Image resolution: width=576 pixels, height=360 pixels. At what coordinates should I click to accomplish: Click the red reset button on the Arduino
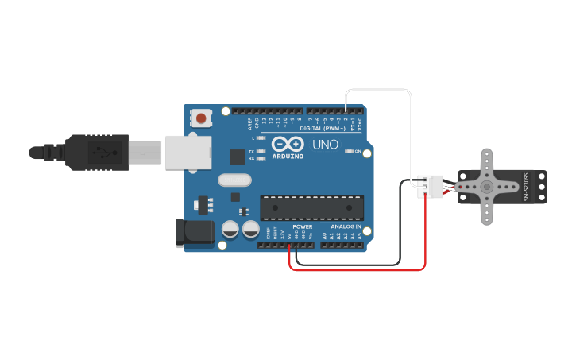pyautogui.click(x=201, y=118)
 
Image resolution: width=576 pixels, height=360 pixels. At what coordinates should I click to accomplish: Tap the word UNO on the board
pyautogui.click(x=325, y=145)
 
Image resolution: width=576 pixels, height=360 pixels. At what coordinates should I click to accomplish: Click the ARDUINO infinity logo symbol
pyautogui.click(x=287, y=144)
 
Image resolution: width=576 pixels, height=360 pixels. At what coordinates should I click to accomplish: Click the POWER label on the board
pyautogui.click(x=303, y=226)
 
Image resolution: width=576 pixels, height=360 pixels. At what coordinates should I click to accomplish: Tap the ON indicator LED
pyautogui.click(x=349, y=151)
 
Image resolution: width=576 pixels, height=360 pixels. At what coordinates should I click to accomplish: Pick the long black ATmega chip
pyautogui.click(x=312, y=207)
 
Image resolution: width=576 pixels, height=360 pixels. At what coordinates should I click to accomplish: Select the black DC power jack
pyautogui.click(x=195, y=233)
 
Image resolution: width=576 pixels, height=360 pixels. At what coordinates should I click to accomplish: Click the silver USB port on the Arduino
pyautogui.click(x=188, y=153)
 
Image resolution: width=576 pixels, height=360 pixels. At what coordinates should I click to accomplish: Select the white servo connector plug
pyautogui.click(x=430, y=187)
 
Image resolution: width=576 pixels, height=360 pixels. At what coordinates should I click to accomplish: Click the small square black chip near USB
pyautogui.click(x=236, y=157)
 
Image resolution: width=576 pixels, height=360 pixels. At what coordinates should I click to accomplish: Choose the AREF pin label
pyautogui.click(x=249, y=123)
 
